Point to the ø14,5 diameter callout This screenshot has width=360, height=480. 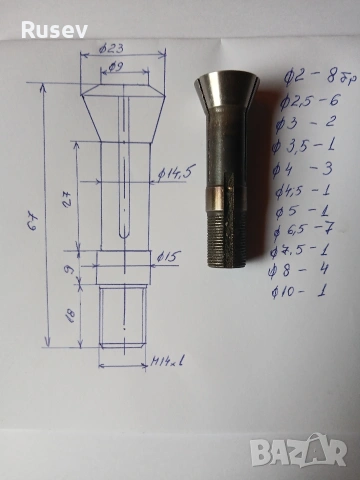[x=175, y=177]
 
